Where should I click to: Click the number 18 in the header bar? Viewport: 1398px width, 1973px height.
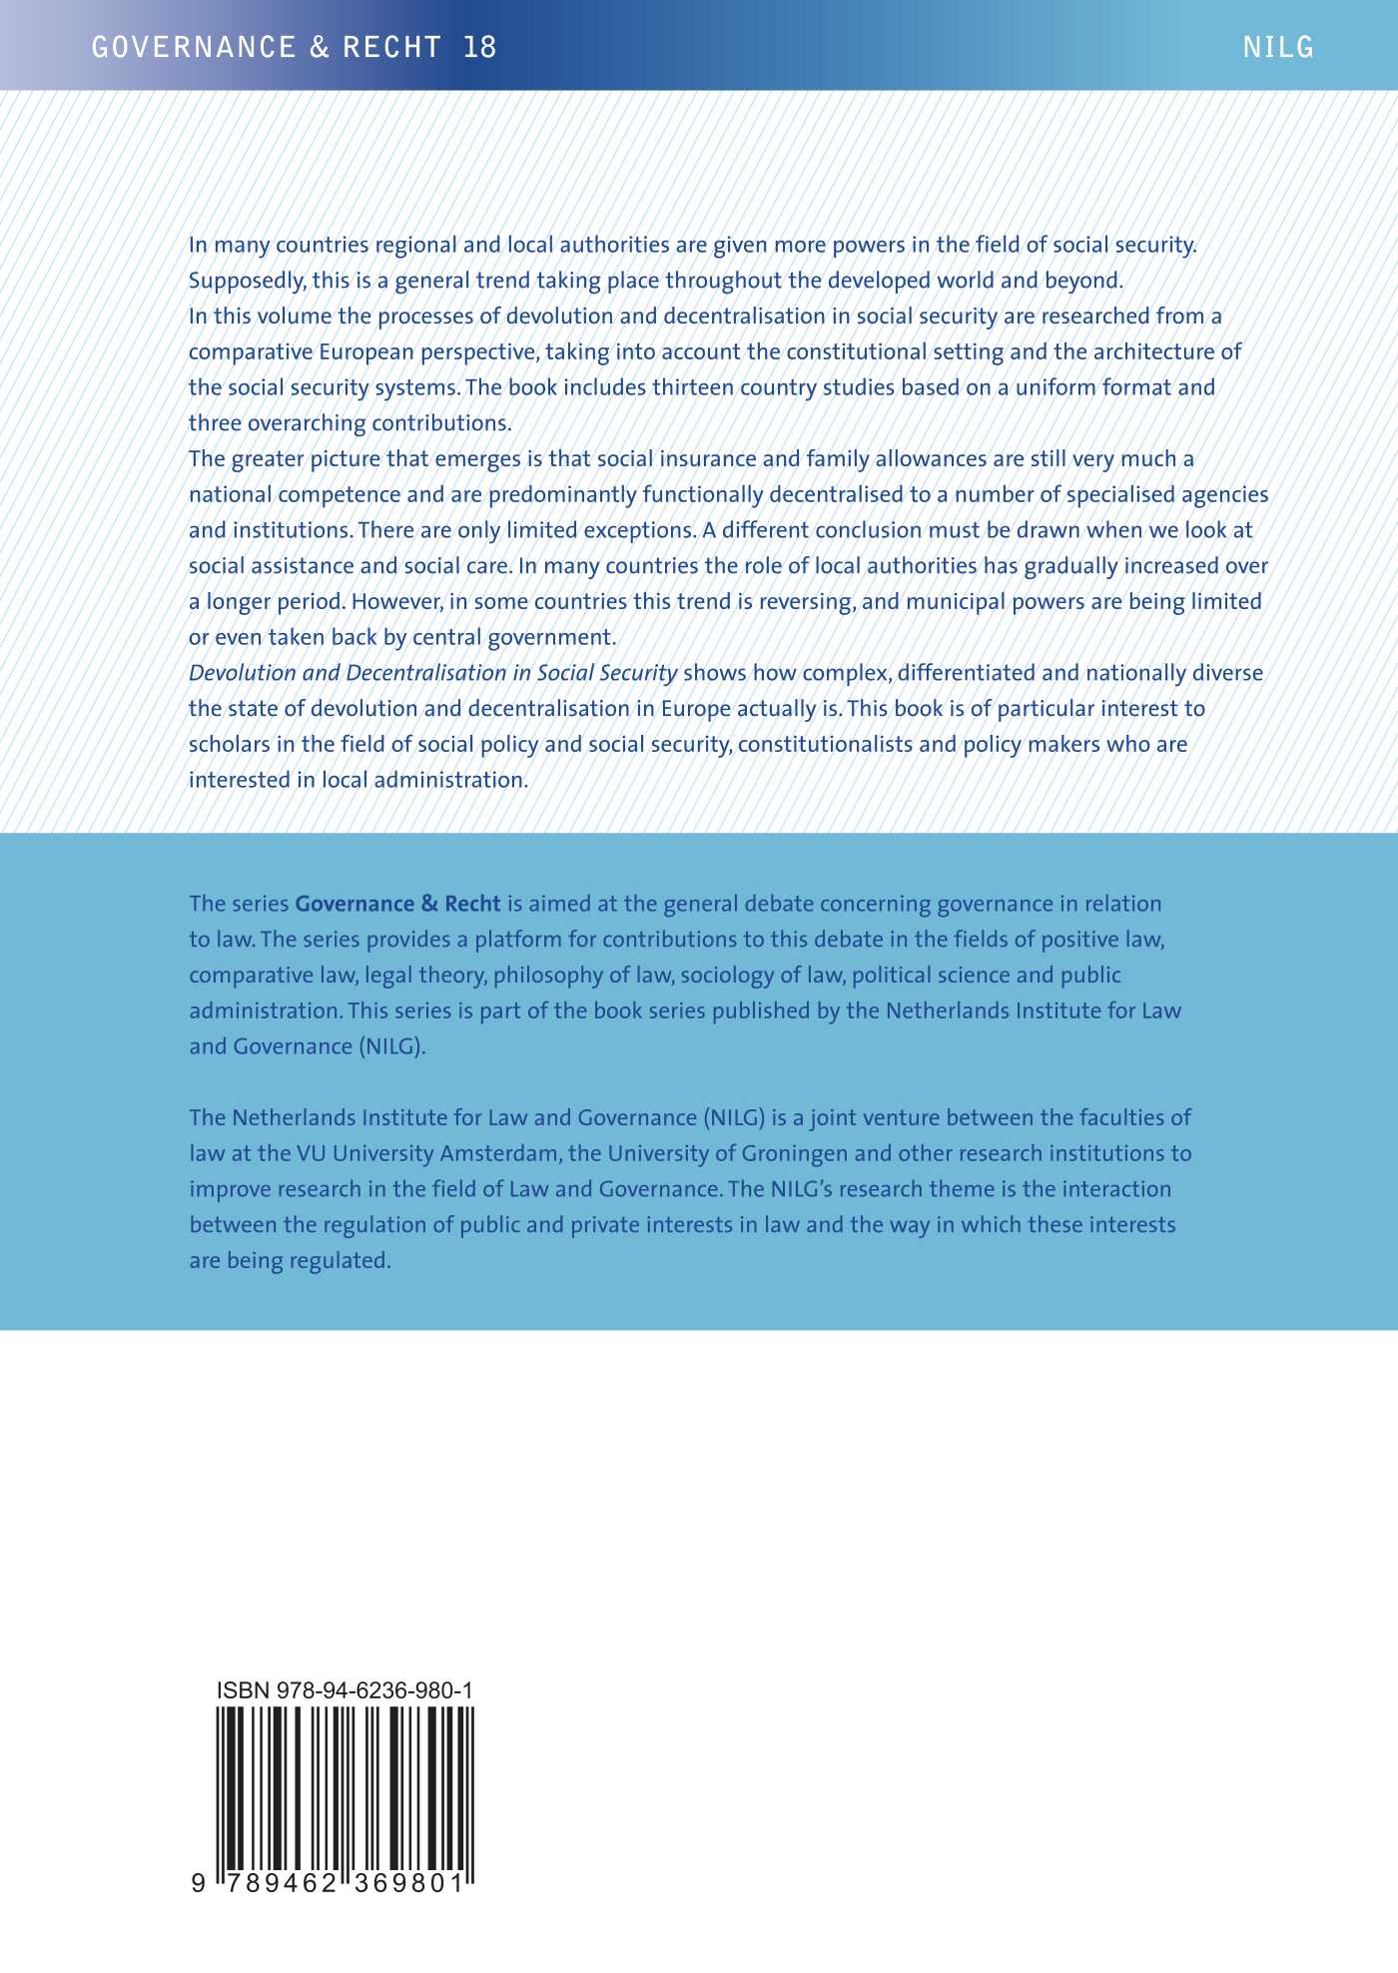pos(480,47)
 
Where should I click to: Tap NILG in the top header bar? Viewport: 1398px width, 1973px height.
pos(1278,47)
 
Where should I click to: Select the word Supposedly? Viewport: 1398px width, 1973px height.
pos(247,281)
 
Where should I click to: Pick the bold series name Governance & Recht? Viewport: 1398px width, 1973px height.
pos(397,904)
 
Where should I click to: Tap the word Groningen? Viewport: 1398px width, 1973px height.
pos(789,1153)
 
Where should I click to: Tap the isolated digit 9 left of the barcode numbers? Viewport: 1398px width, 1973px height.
pos(198,1883)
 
